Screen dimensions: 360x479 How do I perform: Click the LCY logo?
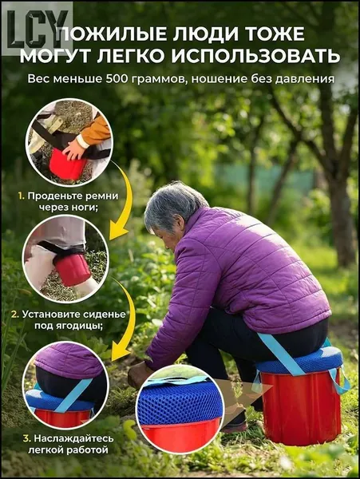tap(38, 29)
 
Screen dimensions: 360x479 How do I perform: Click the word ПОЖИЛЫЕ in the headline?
tap(111, 34)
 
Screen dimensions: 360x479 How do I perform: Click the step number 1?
tap(21, 196)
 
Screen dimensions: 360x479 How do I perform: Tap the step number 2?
tap(15, 315)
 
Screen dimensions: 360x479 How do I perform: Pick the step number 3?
tap(27, 438)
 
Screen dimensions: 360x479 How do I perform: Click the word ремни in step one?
tap(102, 196)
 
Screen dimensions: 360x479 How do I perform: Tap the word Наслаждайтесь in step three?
tap(73, 438)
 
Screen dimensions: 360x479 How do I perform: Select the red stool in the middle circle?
tap(72, 269)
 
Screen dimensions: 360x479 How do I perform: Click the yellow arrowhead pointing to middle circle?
tap(118, 233)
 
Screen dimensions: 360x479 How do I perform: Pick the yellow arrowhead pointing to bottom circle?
tap(121, 354)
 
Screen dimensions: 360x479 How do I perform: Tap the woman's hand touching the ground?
tap(139, 375)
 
